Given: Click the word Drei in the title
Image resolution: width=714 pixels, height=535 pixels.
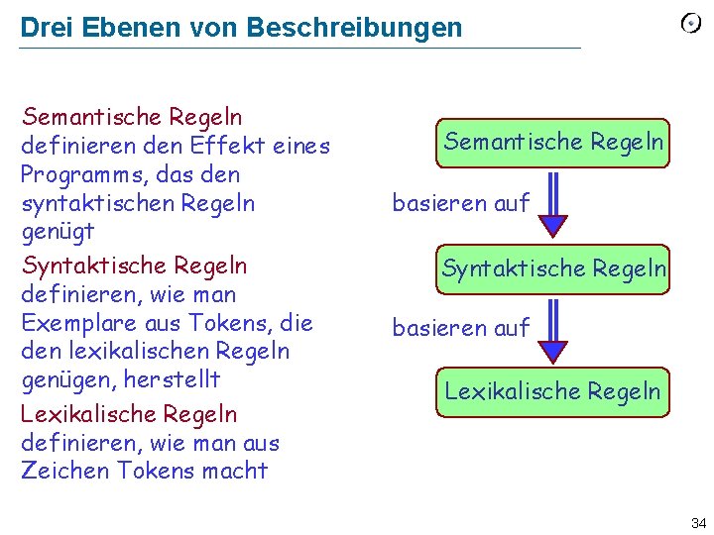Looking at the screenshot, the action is (41, 28).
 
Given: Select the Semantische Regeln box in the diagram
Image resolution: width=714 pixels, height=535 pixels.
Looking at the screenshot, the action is (553, 142).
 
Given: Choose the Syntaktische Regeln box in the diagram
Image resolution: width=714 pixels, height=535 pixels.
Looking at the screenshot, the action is (553, 268).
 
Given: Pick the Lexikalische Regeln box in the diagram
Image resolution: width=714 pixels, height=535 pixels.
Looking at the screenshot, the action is (552, 391).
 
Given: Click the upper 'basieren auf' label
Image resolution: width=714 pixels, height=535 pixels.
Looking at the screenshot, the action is (461, 204).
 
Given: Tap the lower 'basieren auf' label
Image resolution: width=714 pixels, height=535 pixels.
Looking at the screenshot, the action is (461, 327).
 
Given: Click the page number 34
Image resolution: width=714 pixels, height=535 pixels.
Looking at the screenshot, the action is (698, 522).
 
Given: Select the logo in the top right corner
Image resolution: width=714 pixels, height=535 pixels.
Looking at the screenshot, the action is (691, 24).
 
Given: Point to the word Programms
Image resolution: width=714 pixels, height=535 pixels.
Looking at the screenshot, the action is (83, 175).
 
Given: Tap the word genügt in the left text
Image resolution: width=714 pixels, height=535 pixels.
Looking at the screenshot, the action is (58, 232).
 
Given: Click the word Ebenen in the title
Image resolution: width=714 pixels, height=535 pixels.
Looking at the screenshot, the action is (118, 28).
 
